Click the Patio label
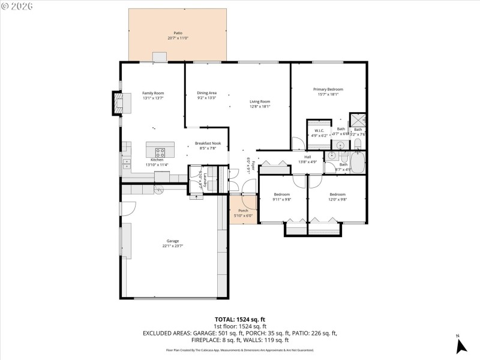pyautogui.click(x=178, y=33)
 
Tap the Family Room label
pyautogui.click(x=153, y=93)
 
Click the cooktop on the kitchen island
pyautogui.click(x=160, y=151)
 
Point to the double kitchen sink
pyautogui.click(x=127, y=161)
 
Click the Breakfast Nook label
pyautogui.click(x=208, y=143)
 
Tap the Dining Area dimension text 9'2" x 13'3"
pyautogui.click(x=206, y=98)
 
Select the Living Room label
pyautogui.click(x=260, y=101)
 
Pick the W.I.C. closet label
pyautogui.click(x=319, y=130)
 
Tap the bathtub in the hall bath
pyautogui.click(x=358, y=163)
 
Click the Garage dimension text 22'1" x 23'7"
pyautogui.click(x=173, y=245)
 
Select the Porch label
pyautogui.click(x=243, y=211)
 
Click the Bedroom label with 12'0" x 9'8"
pyautogui.click(x=337, y=194)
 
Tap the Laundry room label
pyautogui.click(x=205, y=180)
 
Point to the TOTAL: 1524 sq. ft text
pyautogui.click(x=239, y=319)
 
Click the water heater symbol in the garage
pyautogui.click(x=160, y=189)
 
